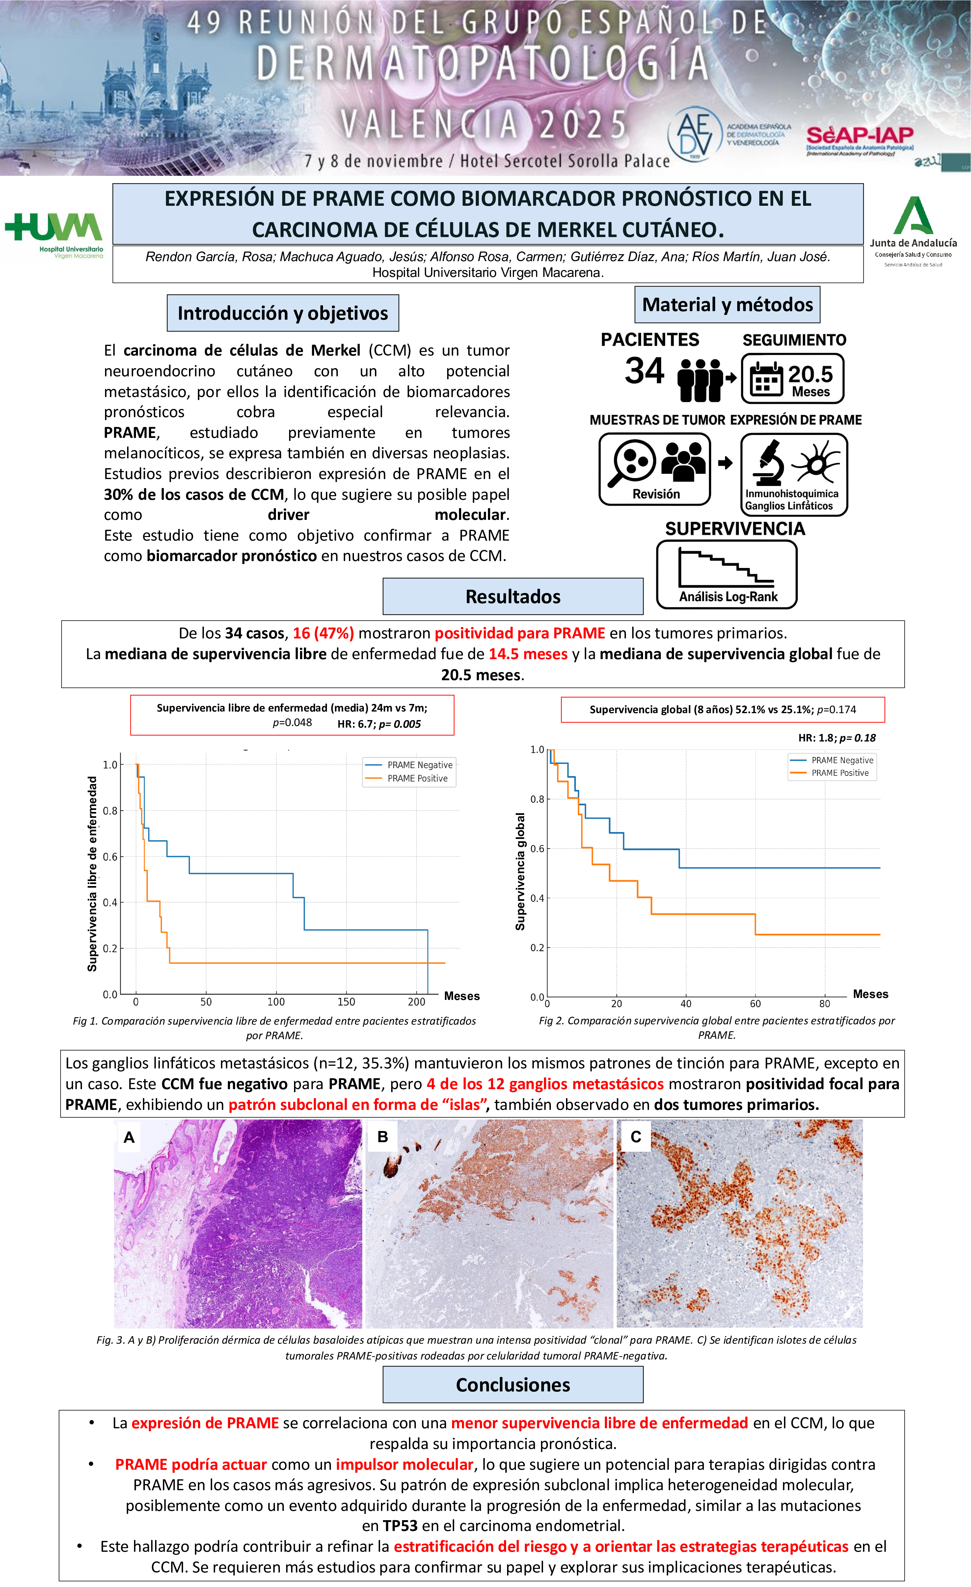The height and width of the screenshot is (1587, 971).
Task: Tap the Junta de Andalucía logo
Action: (913, 230)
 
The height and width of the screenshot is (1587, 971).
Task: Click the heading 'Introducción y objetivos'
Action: (283, 313)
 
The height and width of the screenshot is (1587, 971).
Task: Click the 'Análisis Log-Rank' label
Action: (728, 596)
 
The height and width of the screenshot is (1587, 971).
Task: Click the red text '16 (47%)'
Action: (323, 633)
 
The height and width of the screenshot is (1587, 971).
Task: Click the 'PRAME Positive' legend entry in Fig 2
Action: (840, 773)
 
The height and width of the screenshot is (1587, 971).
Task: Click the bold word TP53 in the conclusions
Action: (400, 1526)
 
